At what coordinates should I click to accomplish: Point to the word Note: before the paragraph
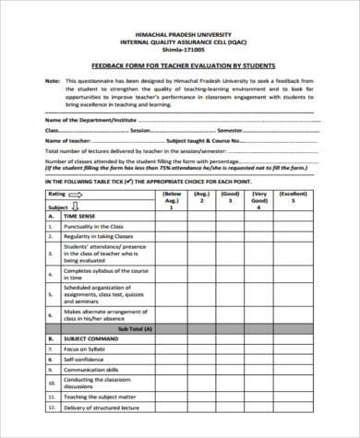point(53,81)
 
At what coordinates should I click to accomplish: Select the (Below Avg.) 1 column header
point(172,199)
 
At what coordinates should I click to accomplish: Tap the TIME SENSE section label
point(84,214)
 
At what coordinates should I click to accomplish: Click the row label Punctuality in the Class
point(94,225)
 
